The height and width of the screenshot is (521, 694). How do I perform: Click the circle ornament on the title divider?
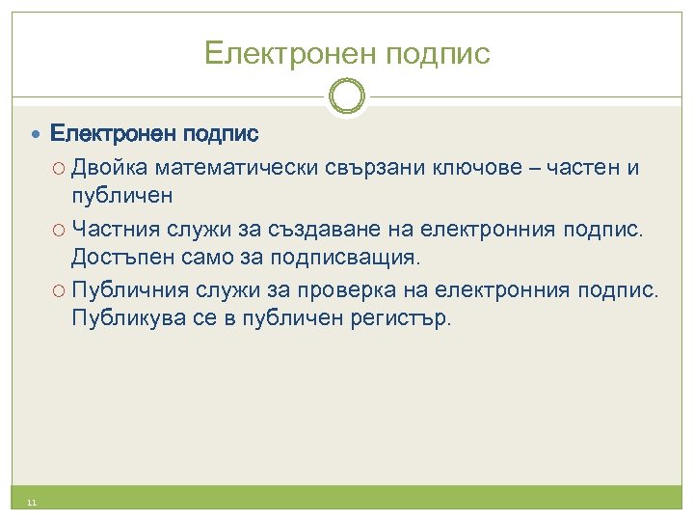click(347, 96)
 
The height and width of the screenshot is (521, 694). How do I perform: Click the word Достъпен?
click(113, 259)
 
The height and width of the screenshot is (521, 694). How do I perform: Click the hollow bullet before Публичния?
click(60, 290)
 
